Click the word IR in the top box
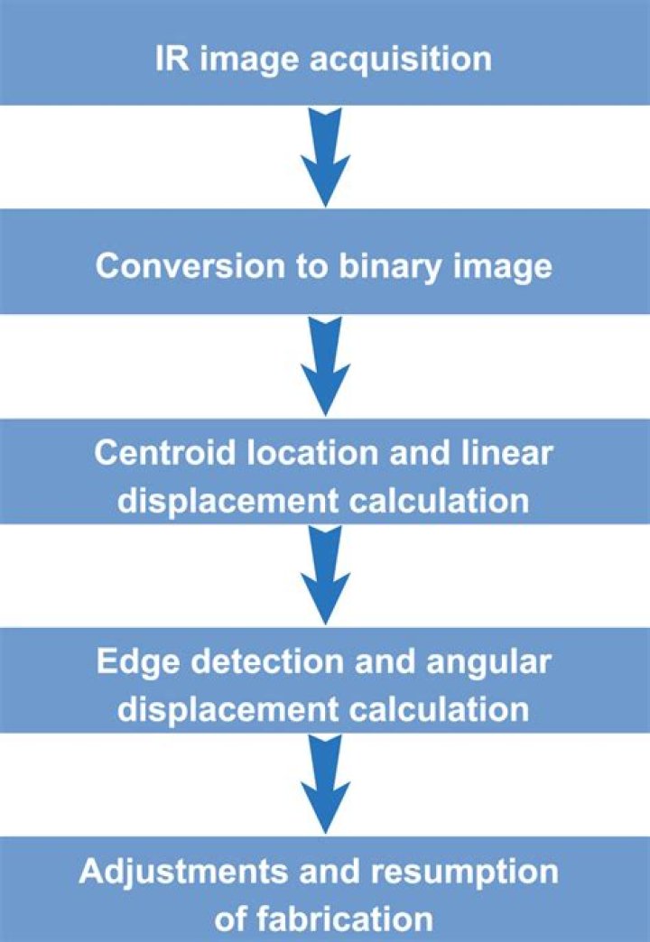click(x=172, y=59)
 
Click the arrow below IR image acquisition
click(x=325, y=157)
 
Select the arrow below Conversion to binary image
click(x=325, y=365)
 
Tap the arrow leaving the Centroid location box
click(x=325, y=575)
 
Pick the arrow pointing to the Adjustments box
click(x=325, y=784)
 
